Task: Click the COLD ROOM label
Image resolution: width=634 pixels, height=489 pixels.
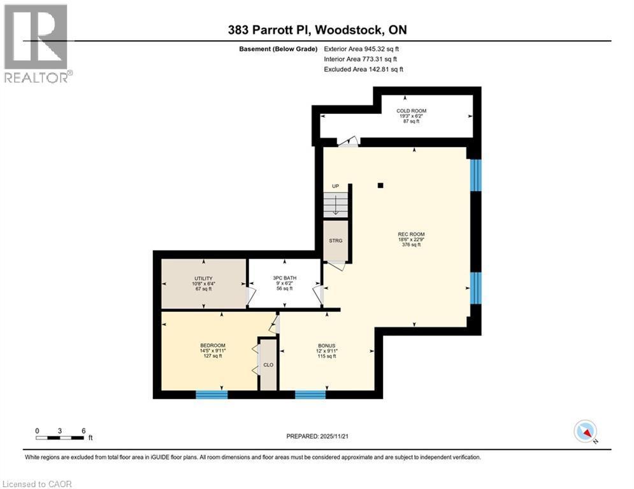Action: pos(411,111)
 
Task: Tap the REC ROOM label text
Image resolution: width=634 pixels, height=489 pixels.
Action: pos(411,234)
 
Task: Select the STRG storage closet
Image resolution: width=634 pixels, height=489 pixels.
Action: pos(336,241)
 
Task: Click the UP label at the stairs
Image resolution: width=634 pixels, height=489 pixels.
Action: pos(335,186)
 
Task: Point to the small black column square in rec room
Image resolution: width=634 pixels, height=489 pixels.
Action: pos(380,186)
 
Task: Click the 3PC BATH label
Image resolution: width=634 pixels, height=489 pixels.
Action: pos(283,278)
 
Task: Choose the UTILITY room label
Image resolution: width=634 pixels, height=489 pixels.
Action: pos(203,278)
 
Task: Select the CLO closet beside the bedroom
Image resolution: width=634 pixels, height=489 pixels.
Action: pos(268,365)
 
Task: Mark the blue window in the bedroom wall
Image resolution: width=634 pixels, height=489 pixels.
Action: pos(211,395)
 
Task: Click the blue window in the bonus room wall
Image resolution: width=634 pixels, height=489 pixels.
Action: pos(310,395)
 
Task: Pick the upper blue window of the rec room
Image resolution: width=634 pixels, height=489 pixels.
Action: pos(475,175)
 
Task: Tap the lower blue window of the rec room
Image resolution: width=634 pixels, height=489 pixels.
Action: pos(475,288)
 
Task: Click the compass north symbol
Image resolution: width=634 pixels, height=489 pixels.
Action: pos(584,432)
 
